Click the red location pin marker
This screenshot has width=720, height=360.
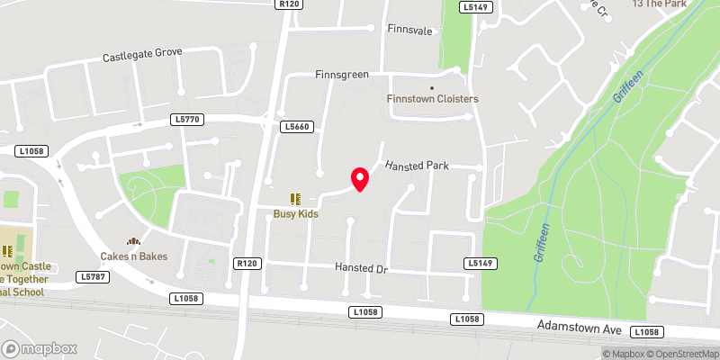[360, 179]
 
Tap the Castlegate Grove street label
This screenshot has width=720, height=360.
[142, 55]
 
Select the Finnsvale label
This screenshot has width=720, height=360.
[409, 30]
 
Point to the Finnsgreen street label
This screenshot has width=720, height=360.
[342, 75]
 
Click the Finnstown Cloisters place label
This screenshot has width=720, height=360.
[432, 98]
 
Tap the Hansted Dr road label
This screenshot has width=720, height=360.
[361, 268]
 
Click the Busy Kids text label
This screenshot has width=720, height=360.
[296, 214]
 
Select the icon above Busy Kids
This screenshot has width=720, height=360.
[294, 199]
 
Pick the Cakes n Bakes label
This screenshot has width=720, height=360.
[134, 256]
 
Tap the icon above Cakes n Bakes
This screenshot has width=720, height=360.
[134, 241]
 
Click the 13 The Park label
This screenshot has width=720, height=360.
[660, 4]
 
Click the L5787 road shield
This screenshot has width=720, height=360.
[93, 276]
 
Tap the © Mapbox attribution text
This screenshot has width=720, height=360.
[622, 354]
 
